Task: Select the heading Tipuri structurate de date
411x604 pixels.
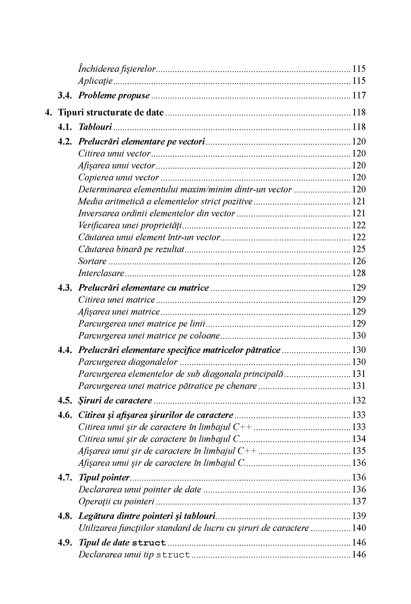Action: point(111,113)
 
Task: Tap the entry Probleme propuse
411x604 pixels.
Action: point(114,96)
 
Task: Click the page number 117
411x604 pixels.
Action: point(359,96)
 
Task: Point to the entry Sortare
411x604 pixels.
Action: point(92,261)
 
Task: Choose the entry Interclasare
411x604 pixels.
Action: point(101,273)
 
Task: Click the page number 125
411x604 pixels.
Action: point(359,249)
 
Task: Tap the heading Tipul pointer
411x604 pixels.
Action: point(104,478)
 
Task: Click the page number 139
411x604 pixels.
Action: point(359,516)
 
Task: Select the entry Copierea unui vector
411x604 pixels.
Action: point(119,178)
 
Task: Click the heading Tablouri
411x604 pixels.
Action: point(95,127)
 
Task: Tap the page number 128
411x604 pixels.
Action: point(359,273)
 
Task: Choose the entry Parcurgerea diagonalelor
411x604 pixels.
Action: point(128,362)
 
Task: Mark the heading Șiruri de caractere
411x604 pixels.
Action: point(115,401)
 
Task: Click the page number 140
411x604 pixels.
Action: point(359,528)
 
